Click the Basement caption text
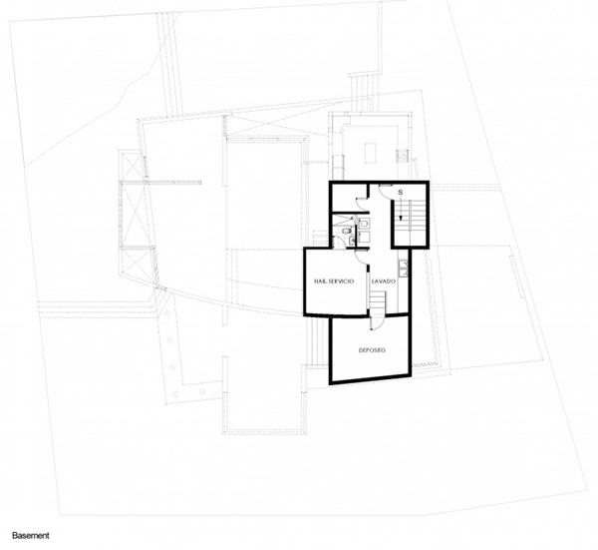[31, 535]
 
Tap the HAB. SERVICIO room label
[334, 281]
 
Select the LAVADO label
[384, 281]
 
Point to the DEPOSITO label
[372, 349]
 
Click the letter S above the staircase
[401, 193]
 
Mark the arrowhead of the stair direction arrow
[401, 218]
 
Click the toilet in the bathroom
[346, 231]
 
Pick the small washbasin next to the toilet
[352, 241]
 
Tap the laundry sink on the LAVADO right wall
[403, 268]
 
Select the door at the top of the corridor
[385, 190]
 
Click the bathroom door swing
[338, 243]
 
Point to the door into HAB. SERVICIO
[361, 257]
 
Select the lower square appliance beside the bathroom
[364, 237]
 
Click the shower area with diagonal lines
[342, 220]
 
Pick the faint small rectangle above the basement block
[371, 153]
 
